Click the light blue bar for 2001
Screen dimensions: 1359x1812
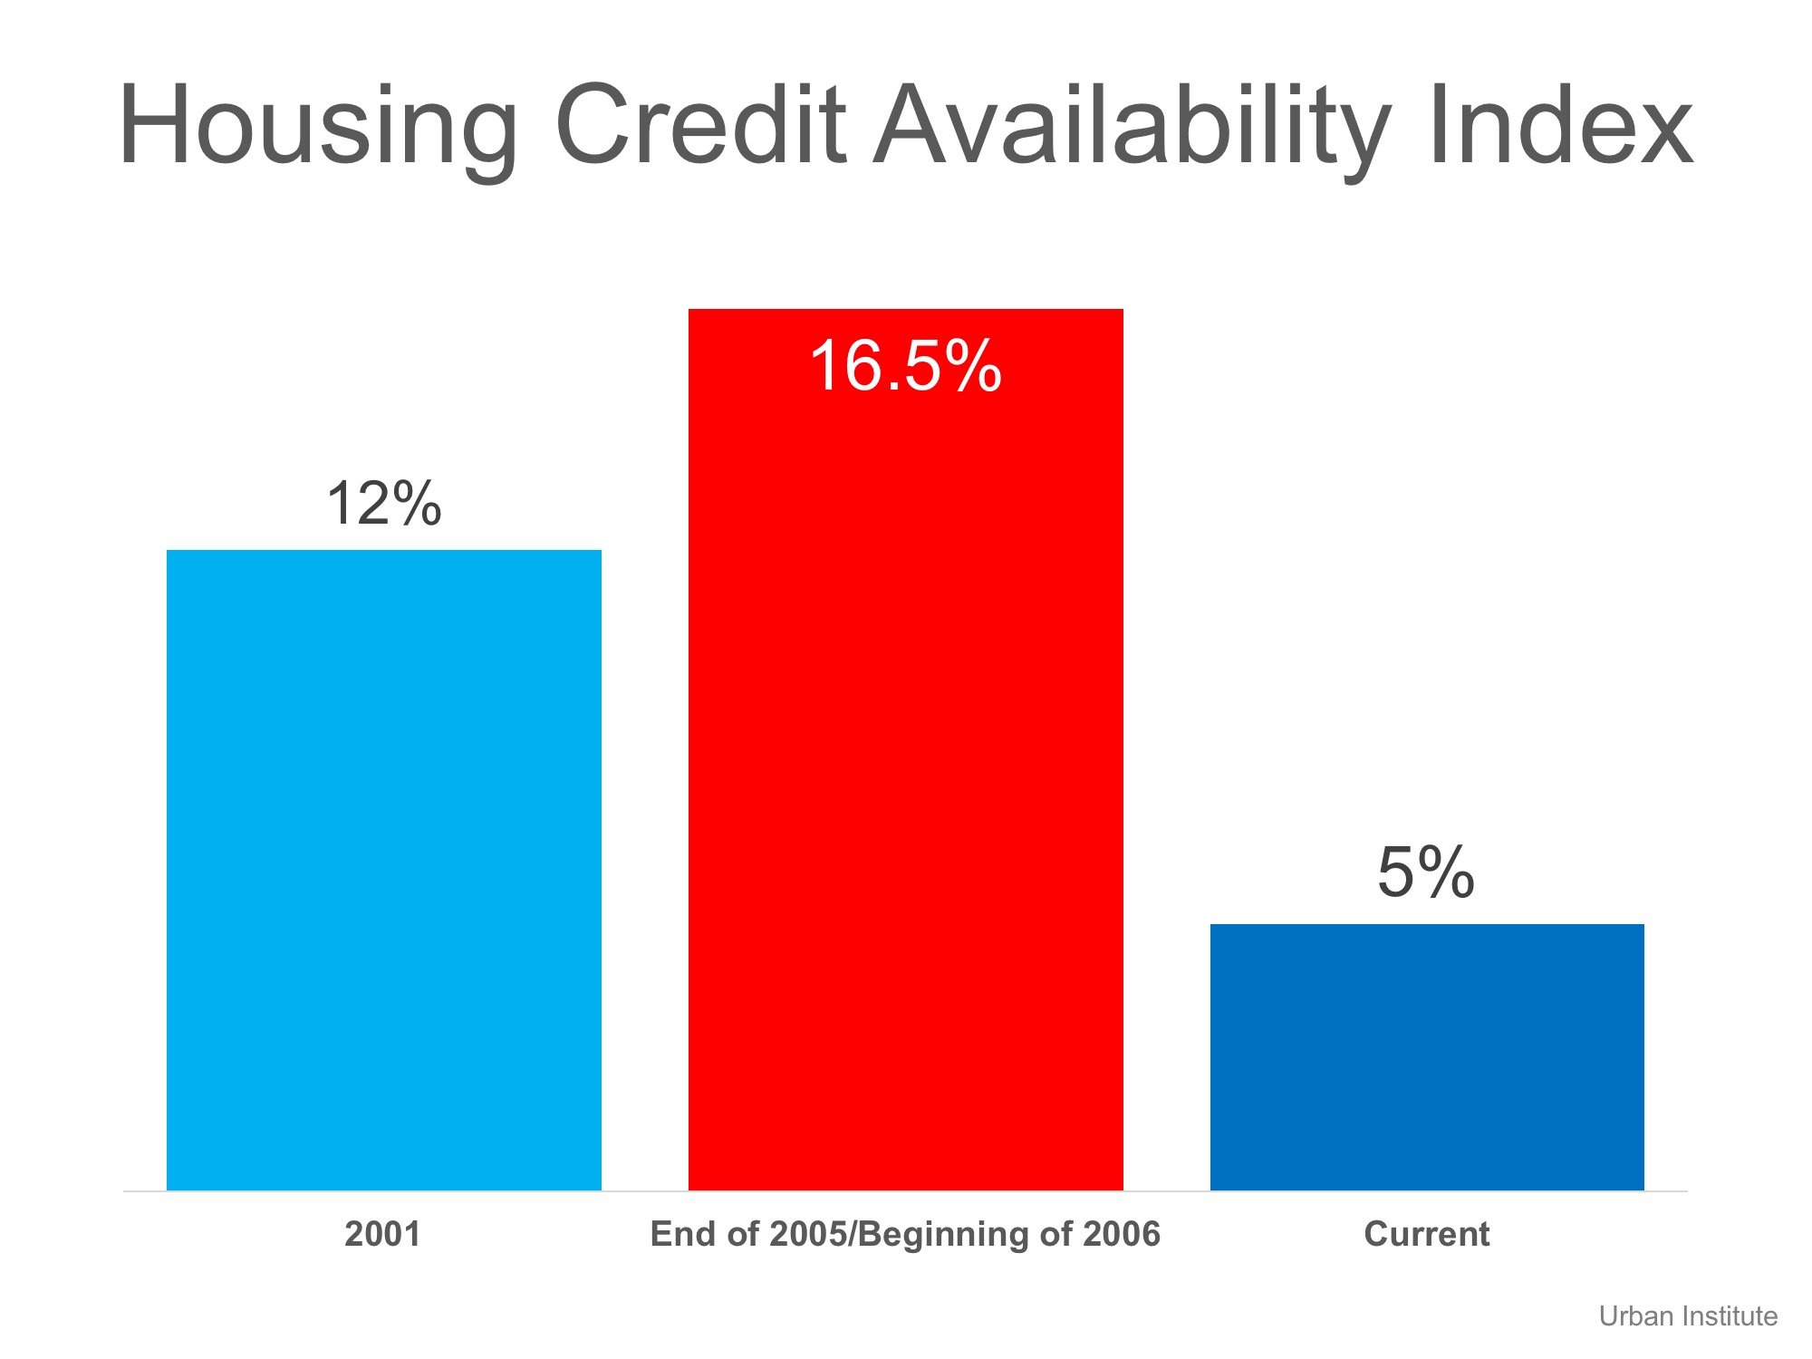383,870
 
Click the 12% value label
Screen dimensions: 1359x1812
383,504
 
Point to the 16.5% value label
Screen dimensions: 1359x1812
905,366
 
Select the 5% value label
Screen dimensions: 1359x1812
1426,872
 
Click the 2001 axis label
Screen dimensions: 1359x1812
382,1234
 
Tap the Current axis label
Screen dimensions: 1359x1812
1426,1234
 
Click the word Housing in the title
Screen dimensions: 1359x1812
317,127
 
